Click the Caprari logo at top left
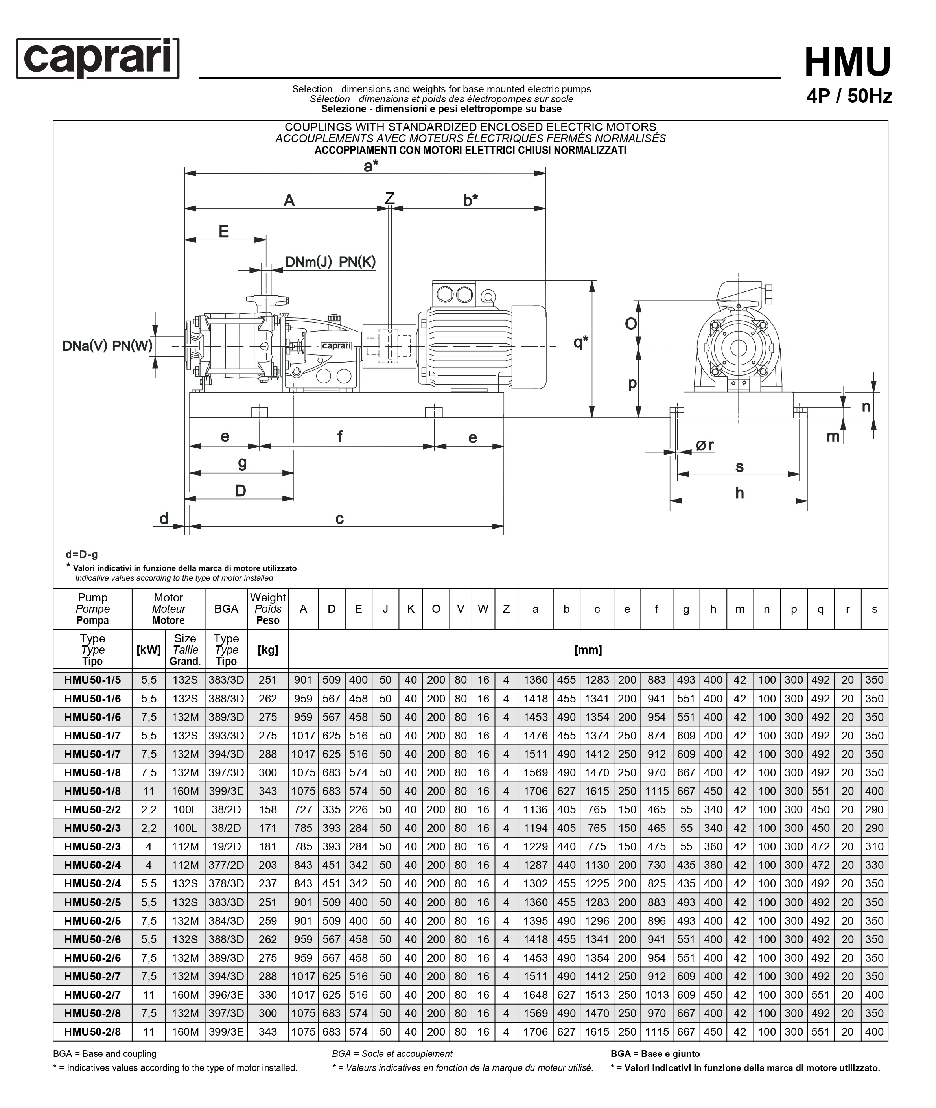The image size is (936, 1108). [x=98, y=58]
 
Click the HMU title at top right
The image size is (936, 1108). [x=848, y=63]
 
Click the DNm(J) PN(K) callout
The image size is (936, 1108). [x=330, y=262]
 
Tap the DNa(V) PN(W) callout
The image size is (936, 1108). [x=107, y=346]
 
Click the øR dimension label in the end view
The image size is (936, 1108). [x=705, y=446]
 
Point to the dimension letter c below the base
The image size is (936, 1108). [x=339, y=518]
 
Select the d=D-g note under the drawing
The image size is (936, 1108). [x=82, y=555]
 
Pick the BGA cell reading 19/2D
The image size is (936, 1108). [x=226, y=847]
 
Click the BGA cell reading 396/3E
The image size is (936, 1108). [x=226, y=995]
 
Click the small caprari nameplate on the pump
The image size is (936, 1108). [x=336, y=346]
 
